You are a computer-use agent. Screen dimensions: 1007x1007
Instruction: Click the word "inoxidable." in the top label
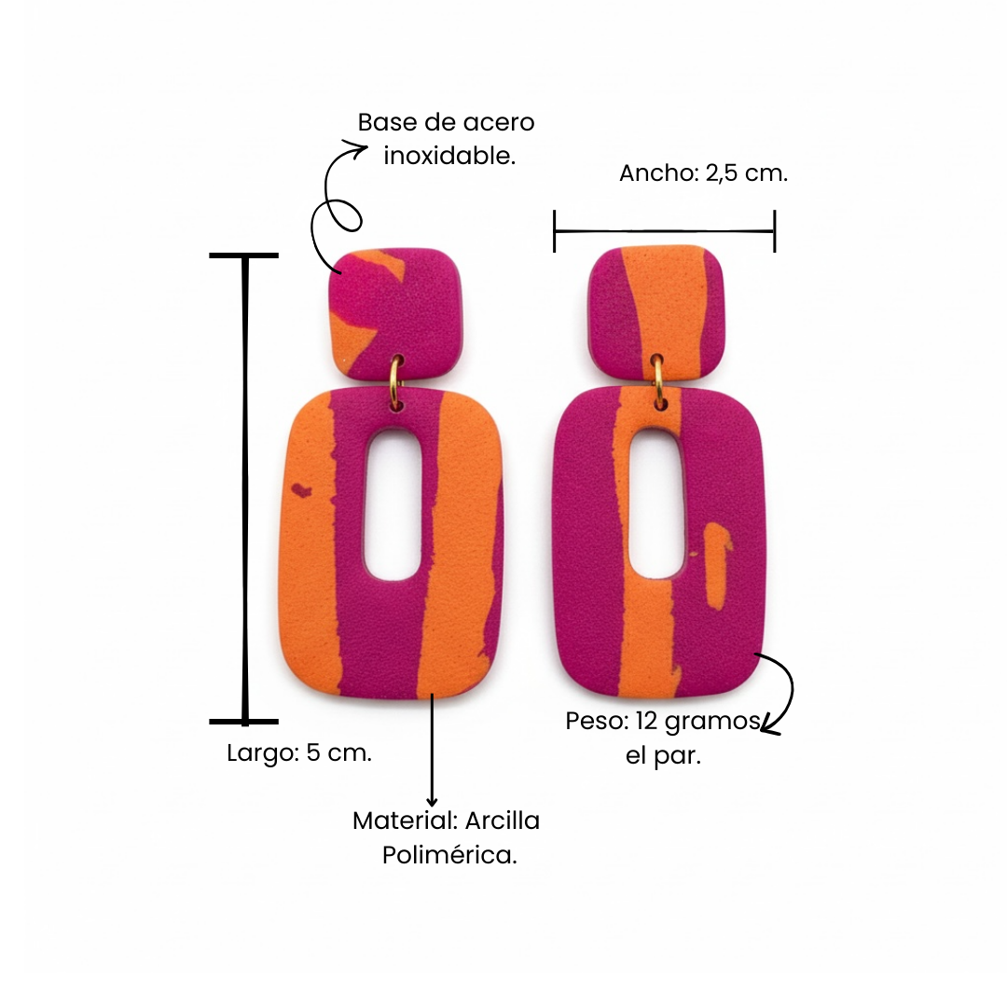coord(449,156)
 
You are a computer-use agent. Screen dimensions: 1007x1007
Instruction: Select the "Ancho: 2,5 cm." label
coord(703,173)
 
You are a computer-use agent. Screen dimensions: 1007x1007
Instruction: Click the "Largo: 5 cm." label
coord(299,753)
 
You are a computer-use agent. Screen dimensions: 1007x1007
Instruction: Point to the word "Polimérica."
coord(449,854)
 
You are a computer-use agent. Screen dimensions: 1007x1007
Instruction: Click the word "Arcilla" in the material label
coord(502,821)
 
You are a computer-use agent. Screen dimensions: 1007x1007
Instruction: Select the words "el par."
coord(663,755)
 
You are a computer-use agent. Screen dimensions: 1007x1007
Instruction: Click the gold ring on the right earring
coord(659,381)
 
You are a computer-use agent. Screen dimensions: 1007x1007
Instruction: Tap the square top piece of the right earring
coord(659,310)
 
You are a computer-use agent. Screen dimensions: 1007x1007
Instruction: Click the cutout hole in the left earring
coord(393,504)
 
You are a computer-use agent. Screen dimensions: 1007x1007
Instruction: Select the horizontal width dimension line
coord(664,231)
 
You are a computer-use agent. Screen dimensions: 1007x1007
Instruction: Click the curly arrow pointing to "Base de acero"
coord(336,200)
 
